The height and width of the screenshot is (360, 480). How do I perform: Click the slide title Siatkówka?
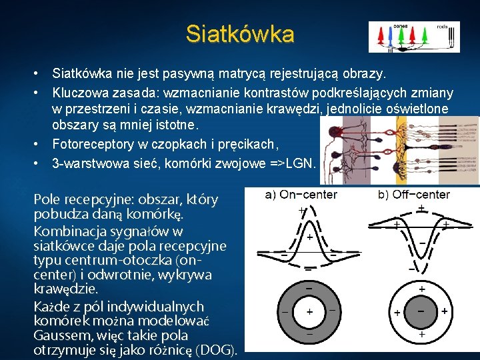pos(239,33)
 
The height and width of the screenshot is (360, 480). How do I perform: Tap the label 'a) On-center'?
pos(301,195)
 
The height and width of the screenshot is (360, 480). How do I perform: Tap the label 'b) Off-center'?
pos(414,195)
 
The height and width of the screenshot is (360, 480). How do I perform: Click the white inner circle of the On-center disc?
pos(309,312)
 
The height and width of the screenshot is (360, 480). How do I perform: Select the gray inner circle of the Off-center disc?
pos(421,312)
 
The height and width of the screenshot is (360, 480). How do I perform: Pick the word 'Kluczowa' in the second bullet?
pos(80,91)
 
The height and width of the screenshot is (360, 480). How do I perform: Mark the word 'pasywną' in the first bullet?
pos(180,71)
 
